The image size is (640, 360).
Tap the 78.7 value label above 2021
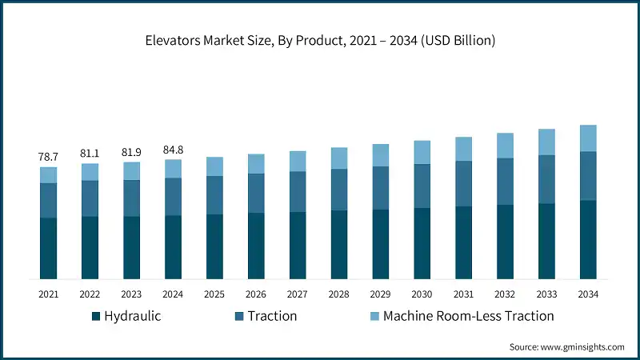(48, 157)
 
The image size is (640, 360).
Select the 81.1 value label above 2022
(90, 153)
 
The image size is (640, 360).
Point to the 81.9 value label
(131, 152)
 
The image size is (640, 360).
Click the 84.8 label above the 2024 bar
(173, 149)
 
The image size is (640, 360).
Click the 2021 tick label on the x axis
(48, 294)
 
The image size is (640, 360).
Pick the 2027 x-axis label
(298, 294)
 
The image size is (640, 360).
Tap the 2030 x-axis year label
(422, 294)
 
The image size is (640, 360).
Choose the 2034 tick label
(589, 294)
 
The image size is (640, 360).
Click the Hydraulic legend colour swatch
(96, 316)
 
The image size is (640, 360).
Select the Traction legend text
(272, 316)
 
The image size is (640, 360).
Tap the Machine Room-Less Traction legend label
(468, 316)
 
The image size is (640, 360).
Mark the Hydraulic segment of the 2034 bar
(589, 239)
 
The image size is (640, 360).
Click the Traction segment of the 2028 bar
(339, 190)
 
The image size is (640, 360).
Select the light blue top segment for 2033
(547, 142)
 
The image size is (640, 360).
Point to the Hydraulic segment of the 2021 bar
(48, 248)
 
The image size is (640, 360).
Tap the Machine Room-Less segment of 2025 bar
(214, 166)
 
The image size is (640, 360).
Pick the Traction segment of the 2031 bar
(464, 184)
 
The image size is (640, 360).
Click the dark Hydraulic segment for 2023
(131, 247)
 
